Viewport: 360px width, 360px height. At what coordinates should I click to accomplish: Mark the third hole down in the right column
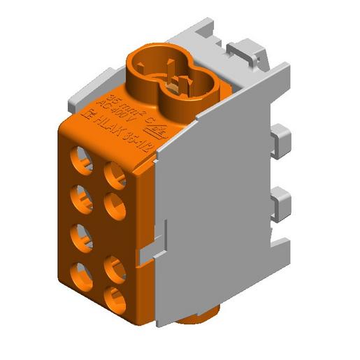click(x=115, y=268)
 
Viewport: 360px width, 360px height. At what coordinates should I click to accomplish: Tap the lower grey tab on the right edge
click(x=280, y=203)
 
